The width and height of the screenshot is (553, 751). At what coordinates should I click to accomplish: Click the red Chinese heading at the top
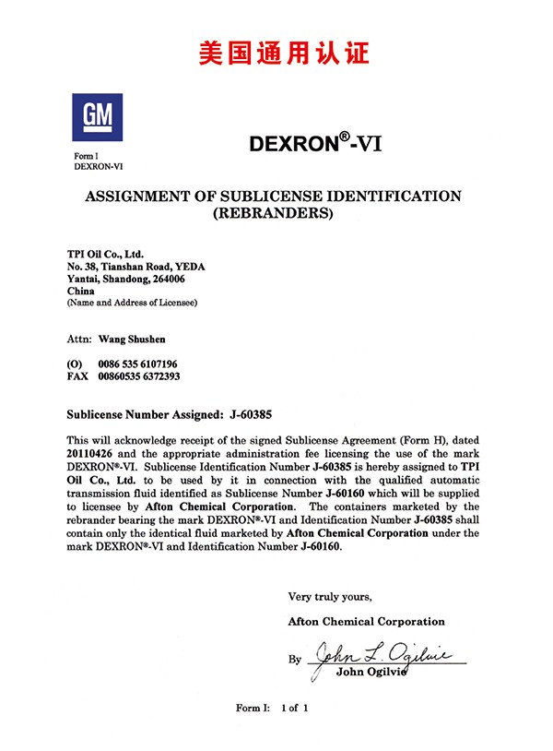[x=284, y=52]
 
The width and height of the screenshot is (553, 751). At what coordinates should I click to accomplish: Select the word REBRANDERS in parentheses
[x=273, y=214]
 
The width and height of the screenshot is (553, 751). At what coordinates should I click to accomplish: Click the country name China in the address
[x=82, y=291]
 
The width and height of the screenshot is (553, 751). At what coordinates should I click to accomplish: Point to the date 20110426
[x=93, y=454]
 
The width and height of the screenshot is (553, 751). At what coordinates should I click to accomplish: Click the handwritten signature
[x=378, y=656]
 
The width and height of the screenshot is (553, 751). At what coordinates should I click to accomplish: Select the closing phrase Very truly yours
[x=330, y=596]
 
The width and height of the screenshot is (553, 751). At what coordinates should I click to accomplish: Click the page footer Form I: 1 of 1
[x=271, y=708]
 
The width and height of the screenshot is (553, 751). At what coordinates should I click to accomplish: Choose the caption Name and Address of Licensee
[x=132, y=303]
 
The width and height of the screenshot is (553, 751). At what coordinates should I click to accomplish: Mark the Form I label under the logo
[x=87, y=156]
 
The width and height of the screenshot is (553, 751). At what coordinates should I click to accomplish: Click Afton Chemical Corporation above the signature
[x=366, y=621]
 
